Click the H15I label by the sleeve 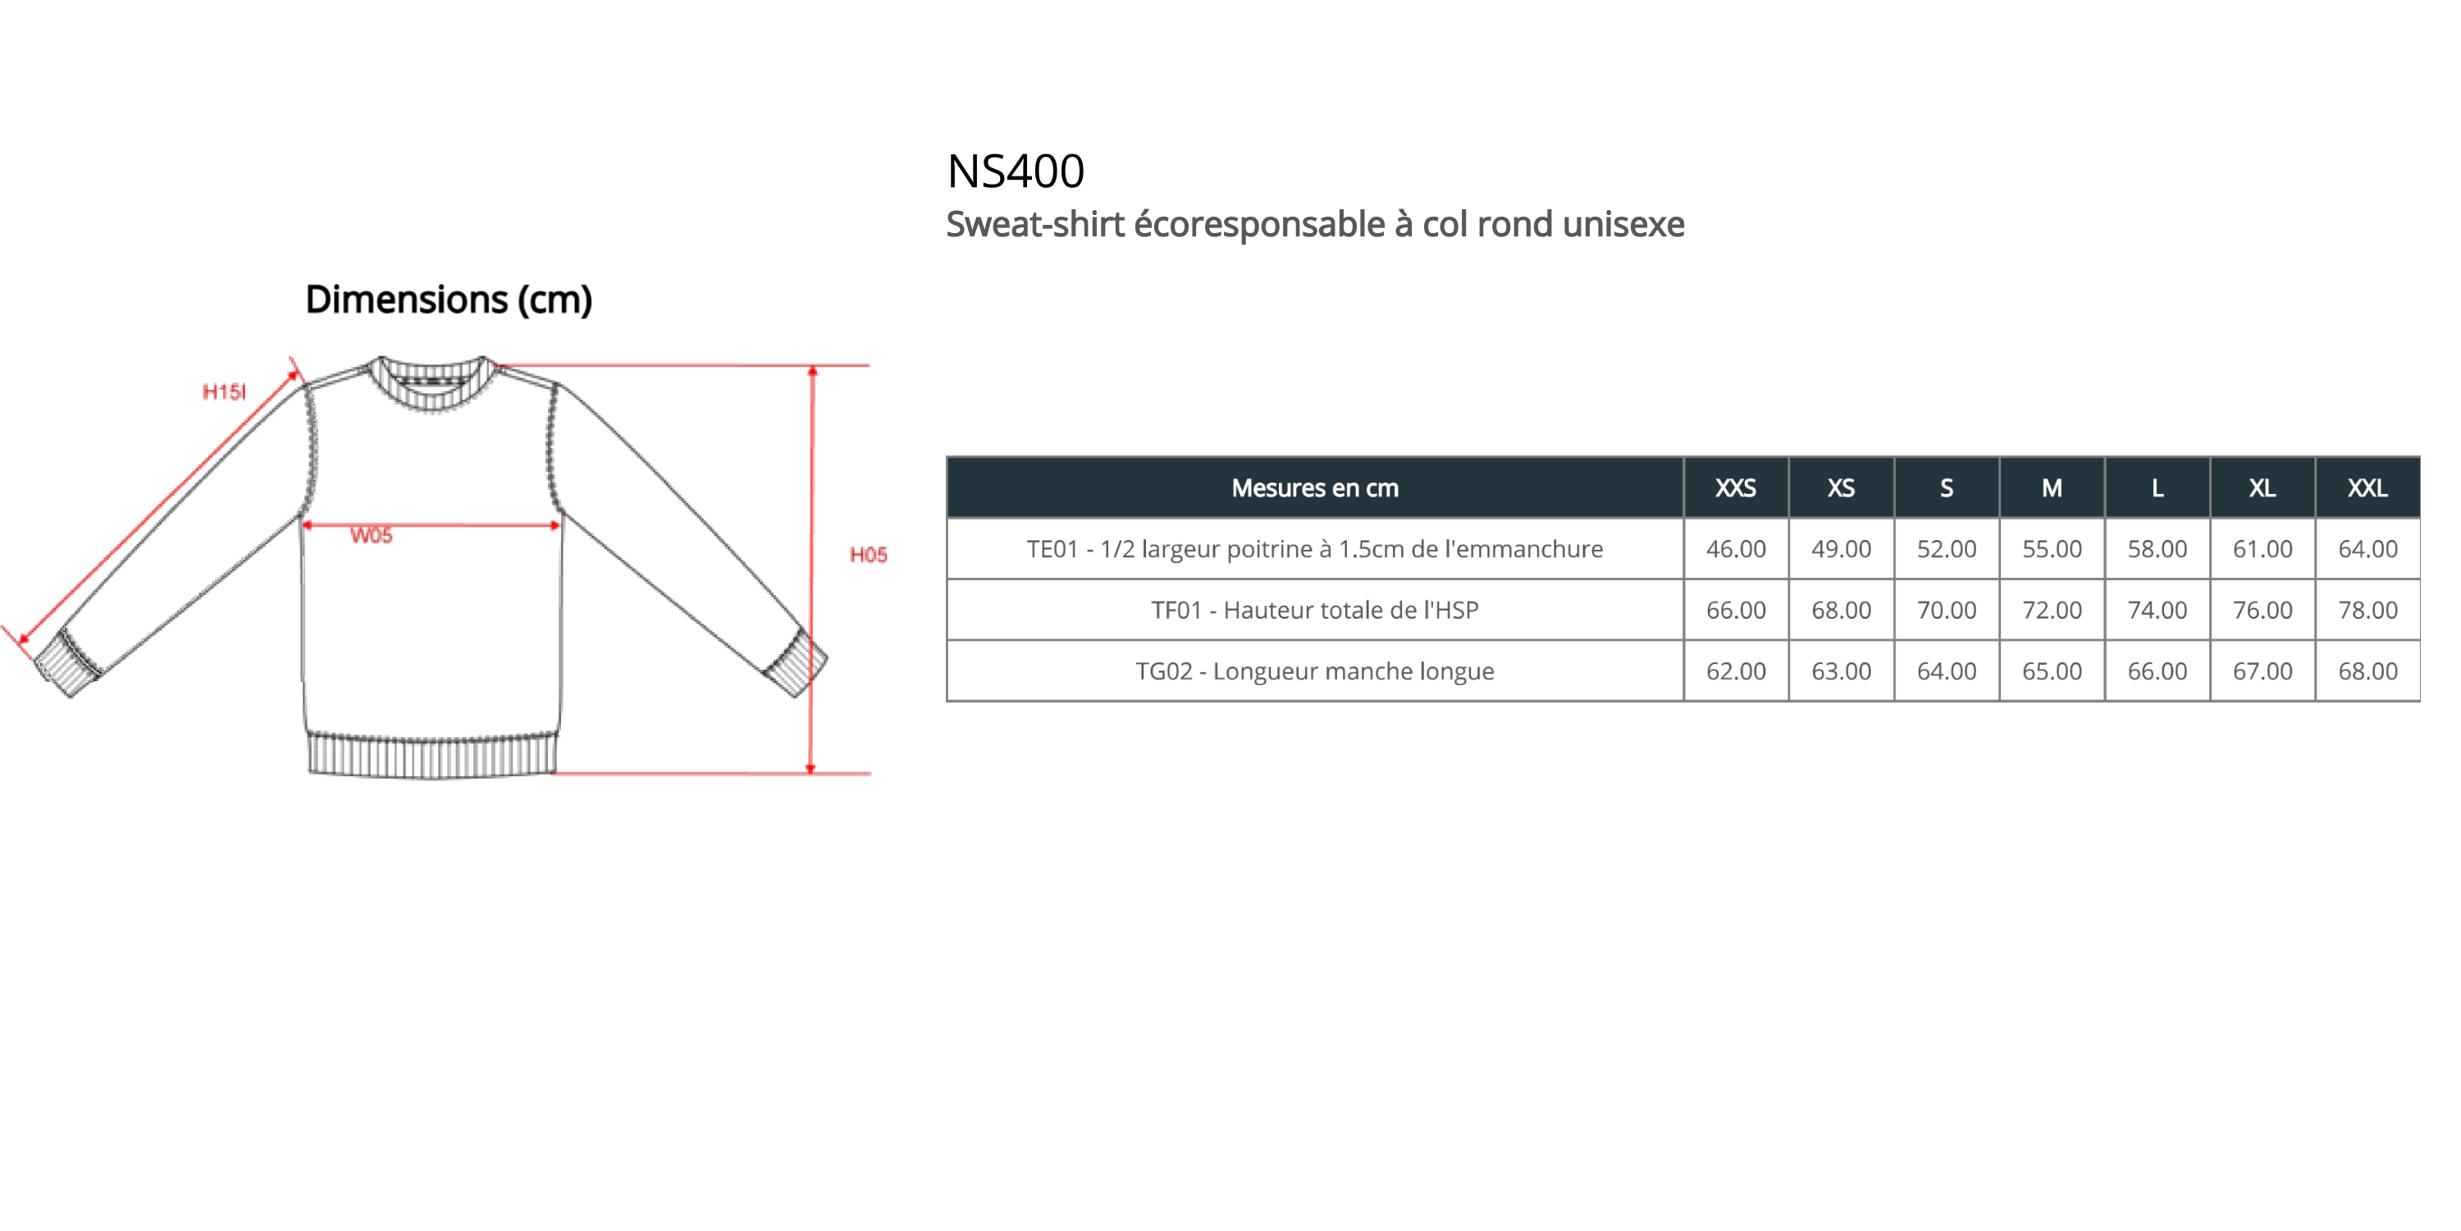(225, 391)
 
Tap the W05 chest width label (372, 536)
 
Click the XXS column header (1735, 488)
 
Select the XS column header (1840, 488)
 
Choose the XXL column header (2367, 488)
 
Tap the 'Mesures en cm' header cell (1314, 488)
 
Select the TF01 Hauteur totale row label (1314, 611)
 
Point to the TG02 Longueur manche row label (1314, 672)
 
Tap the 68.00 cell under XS (1840, 611)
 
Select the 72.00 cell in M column (2050, 611)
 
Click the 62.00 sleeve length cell (1735, 672)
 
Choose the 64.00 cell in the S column (1945, 672)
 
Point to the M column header (2051, 488)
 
